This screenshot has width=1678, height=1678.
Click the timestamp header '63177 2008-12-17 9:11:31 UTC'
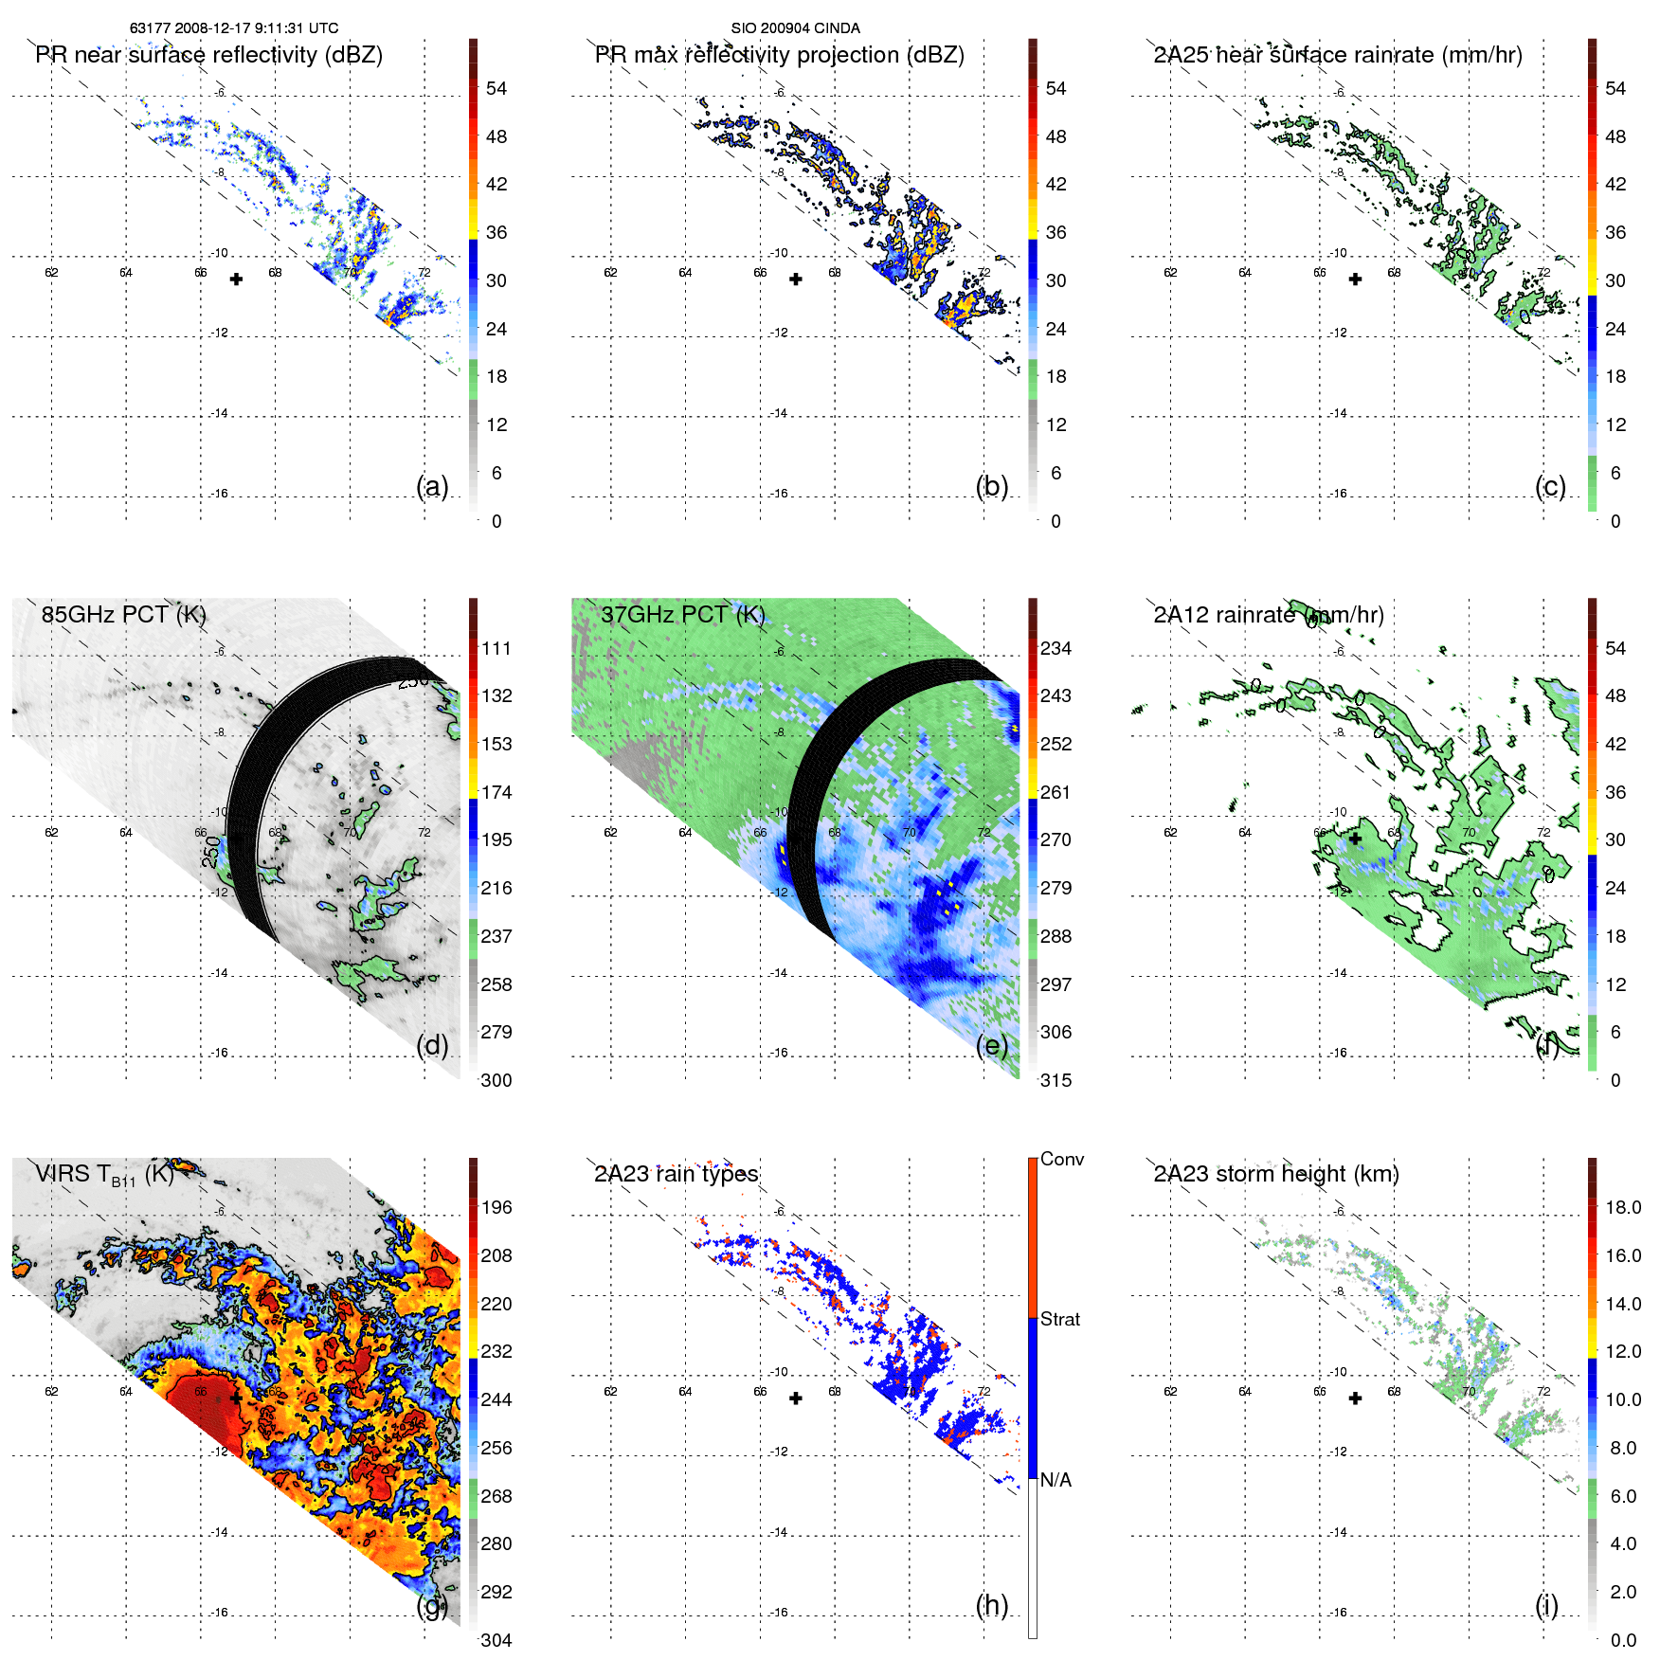pos(234,28)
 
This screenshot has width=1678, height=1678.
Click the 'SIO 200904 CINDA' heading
pos(795,28)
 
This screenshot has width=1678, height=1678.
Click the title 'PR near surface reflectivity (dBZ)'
pos(208,55)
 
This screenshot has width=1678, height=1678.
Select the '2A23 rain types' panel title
pos(676,1174)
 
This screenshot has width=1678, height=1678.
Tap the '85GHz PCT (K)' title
pos(123,615)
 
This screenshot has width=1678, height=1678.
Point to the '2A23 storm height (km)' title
pos(1275,1174)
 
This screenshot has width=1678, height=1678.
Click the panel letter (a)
pos(432,486)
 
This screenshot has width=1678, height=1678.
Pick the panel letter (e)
pos(991,1045)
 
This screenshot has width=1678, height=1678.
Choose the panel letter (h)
pos(991,1605)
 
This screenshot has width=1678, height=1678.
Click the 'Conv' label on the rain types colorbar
pos(1061,1159)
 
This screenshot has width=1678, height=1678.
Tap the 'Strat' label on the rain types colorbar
pos(1059,1319)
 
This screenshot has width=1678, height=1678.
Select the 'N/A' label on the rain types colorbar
pos(1056,1480)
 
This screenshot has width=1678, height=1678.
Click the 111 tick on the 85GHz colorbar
pos(496,648)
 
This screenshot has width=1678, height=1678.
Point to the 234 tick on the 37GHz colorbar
pos(1056,648)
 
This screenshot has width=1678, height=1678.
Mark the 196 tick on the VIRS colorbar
pos(496,1207)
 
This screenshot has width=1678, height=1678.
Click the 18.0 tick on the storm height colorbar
pos(1622,1207)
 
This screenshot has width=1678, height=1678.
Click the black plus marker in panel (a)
pos(236,280)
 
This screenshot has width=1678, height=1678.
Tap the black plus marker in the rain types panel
pos(796,1398)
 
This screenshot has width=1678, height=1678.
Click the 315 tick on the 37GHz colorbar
pos(1056,1080)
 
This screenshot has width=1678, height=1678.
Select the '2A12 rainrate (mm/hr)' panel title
pos(1268,615)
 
